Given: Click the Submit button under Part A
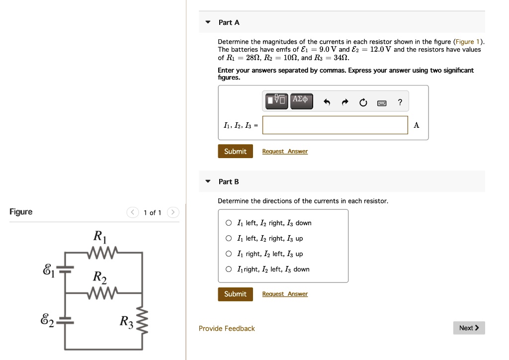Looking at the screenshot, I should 235,151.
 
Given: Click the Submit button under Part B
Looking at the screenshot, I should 235,294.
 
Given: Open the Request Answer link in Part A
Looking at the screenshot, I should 285,152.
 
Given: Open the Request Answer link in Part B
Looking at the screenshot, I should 285,294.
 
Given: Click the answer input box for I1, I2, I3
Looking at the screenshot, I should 335,125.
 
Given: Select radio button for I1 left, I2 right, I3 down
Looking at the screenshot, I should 228,223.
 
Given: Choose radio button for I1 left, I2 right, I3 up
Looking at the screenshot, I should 228,239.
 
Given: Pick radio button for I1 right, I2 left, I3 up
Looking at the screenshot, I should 228,254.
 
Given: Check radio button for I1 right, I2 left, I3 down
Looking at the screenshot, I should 228,270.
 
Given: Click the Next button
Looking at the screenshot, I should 469,328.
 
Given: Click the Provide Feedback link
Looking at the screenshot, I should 227,329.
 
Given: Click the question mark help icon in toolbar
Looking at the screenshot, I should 400,103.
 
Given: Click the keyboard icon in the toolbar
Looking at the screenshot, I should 382,103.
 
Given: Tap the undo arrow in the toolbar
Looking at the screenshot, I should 327,103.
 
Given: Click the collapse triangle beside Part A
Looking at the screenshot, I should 208,22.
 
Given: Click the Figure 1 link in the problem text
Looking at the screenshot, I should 468,42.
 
